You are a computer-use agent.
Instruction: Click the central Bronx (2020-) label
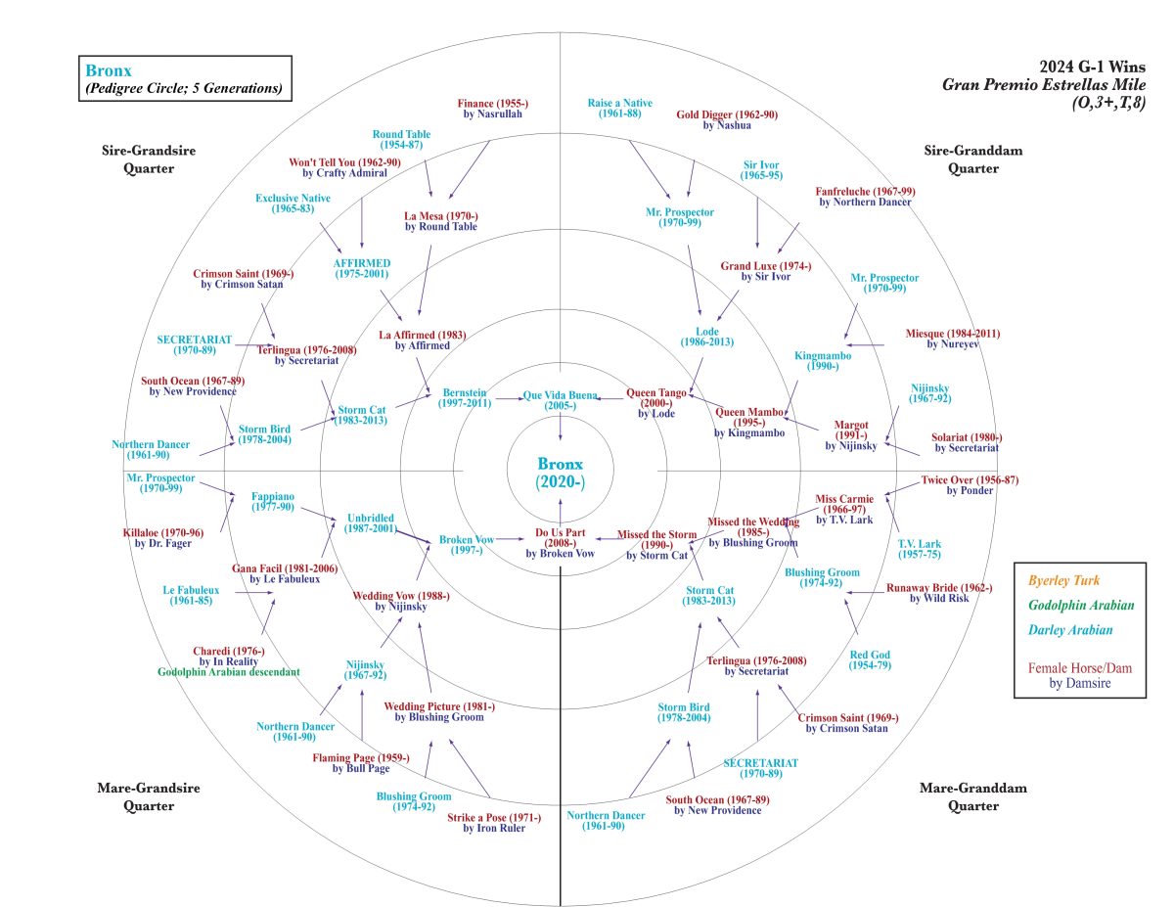tap(560, 473)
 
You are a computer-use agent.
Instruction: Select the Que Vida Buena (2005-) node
tap(560, 399)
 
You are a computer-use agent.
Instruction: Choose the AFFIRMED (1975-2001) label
tap(362, 269)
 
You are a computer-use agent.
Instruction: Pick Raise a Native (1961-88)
tap(620, 108)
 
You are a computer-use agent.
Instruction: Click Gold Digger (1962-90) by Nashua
tap(727, 119)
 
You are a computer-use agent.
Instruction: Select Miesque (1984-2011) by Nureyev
tap(953, 340)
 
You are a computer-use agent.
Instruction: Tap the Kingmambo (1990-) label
tap(823, 361)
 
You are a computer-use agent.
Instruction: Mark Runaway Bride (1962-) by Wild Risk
tap(939, 593)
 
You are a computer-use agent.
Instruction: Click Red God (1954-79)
tap(870, 660)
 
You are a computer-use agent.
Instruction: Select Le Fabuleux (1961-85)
tap(192, 596)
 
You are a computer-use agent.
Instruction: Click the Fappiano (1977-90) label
tap(273, 502)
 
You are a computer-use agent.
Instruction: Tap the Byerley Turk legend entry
tap(1064, 580)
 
